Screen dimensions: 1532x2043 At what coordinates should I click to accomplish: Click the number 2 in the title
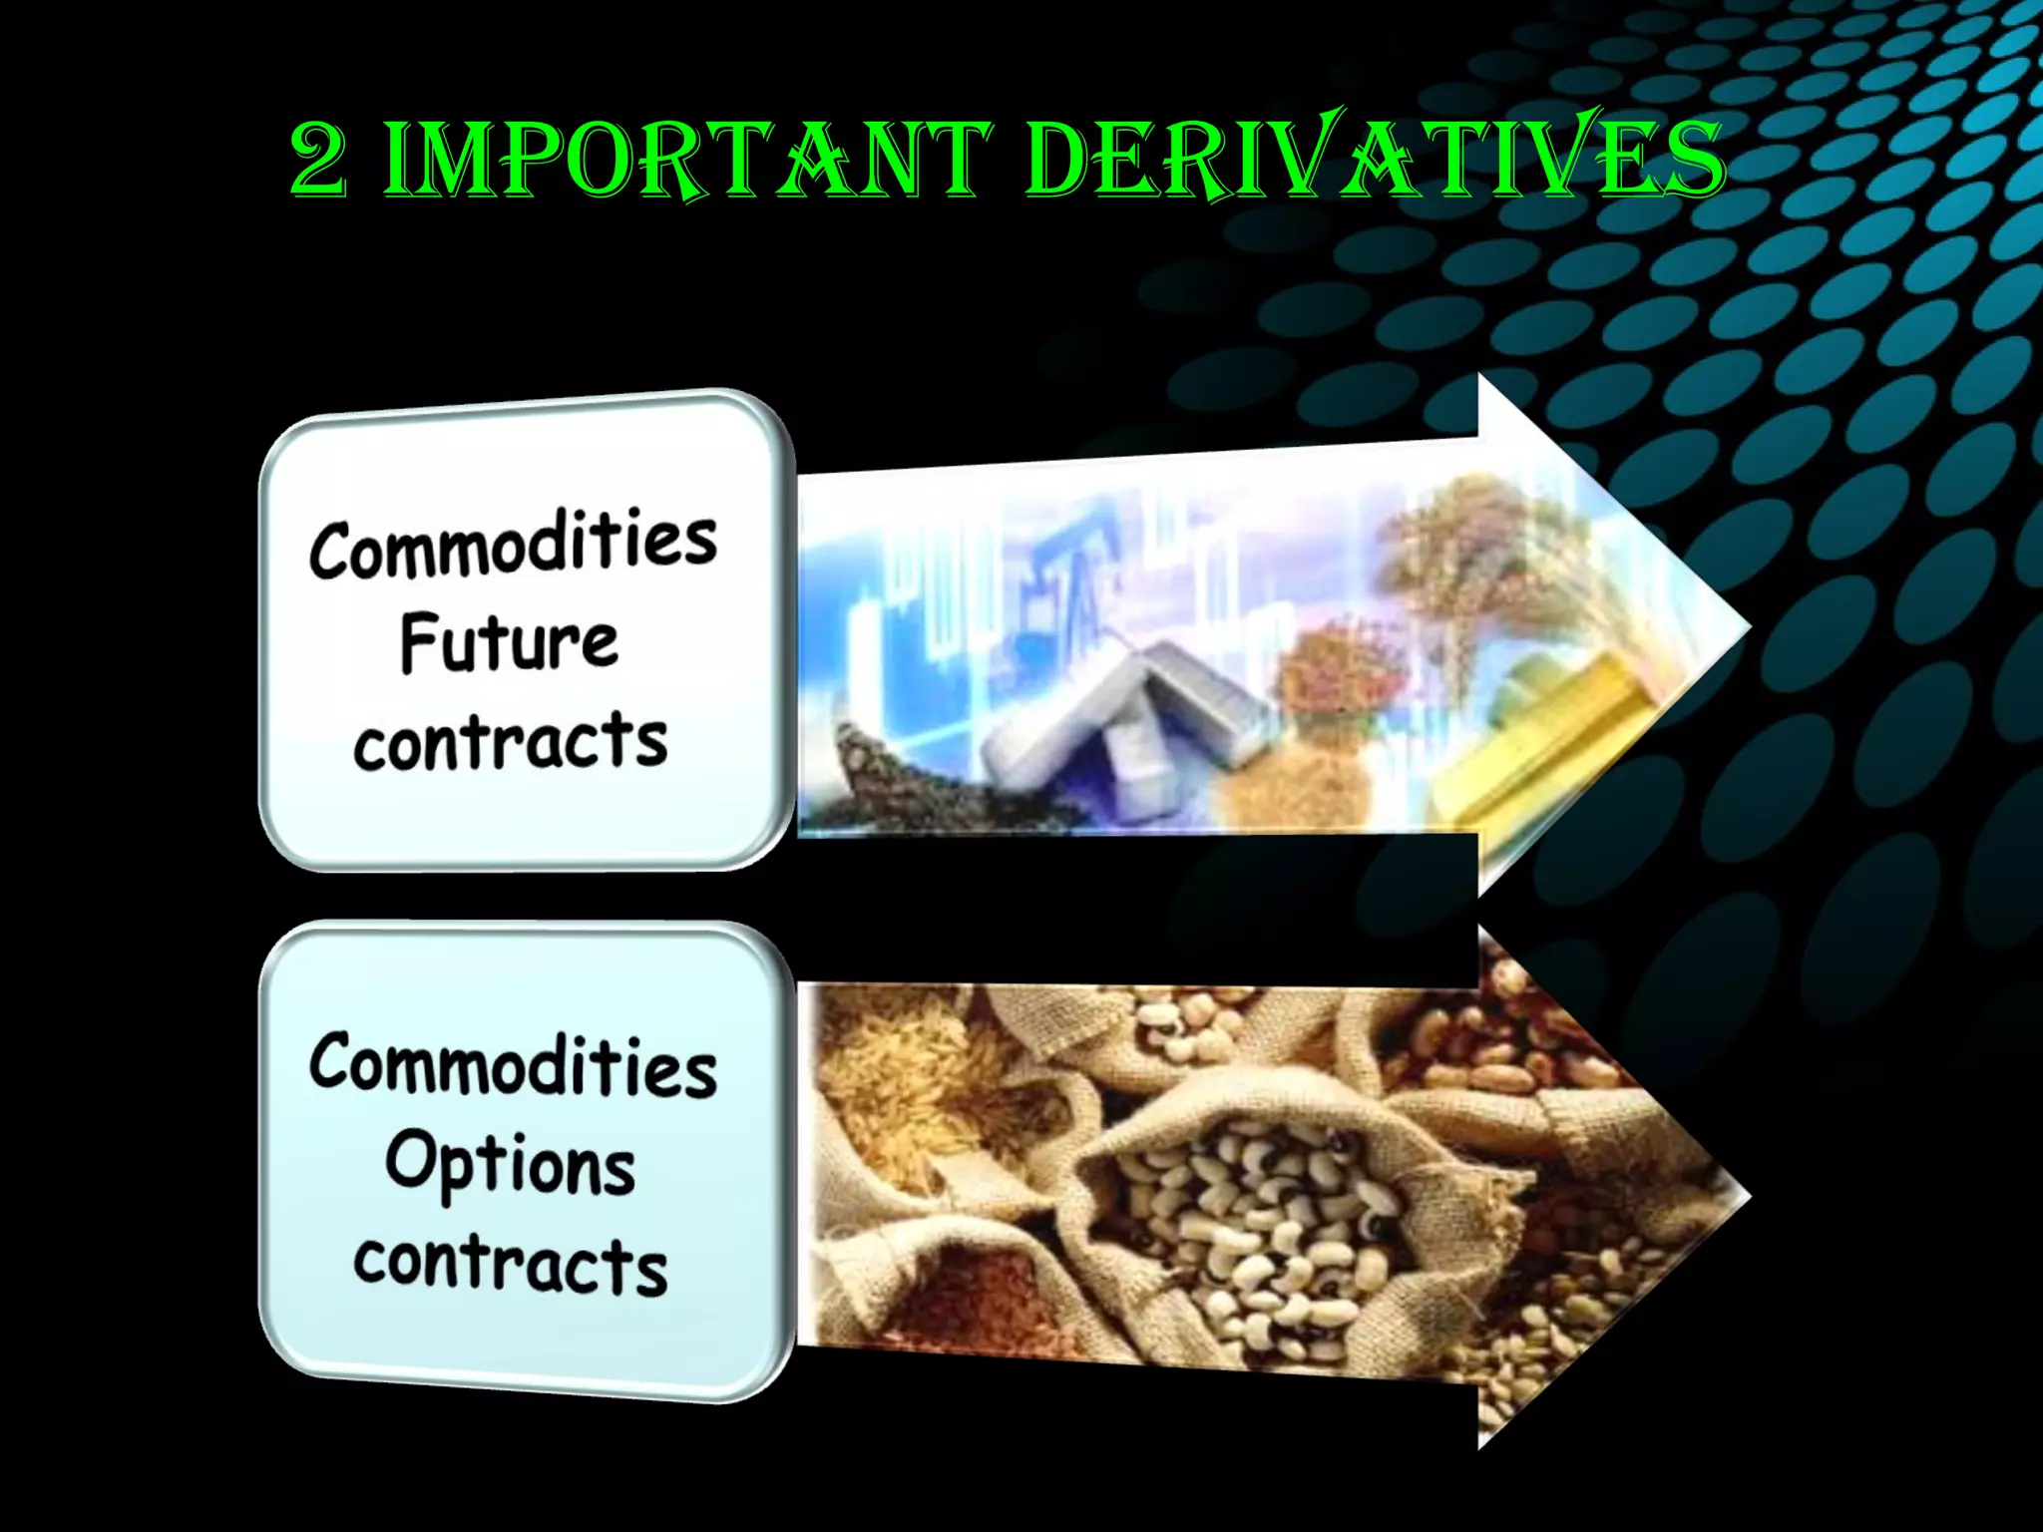[319, 161]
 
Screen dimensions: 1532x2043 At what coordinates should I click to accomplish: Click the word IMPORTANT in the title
[687, 161]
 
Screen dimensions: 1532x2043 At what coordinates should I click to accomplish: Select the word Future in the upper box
[509, 643]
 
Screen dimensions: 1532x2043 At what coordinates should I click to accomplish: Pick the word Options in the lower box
[510, 1165]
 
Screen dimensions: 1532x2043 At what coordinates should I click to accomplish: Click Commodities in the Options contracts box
[513, 1065]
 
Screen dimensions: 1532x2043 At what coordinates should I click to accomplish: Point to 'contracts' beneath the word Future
[510, 742]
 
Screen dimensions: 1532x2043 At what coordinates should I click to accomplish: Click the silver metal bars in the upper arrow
[1127, 718]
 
